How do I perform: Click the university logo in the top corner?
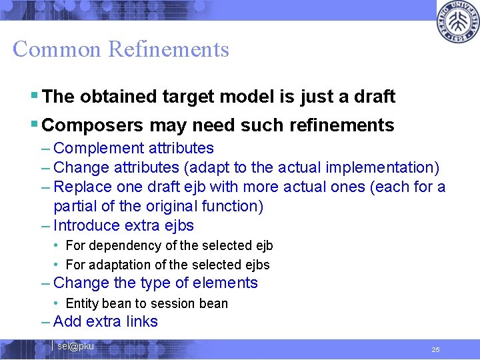tap(457, 23)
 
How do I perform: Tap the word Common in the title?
tap(57, 49)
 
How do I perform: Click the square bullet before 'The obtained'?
tap(35, 97)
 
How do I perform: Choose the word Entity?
tap(82, 303)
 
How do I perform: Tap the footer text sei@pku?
tap(75, 346)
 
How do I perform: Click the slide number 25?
tap(435, 349)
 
